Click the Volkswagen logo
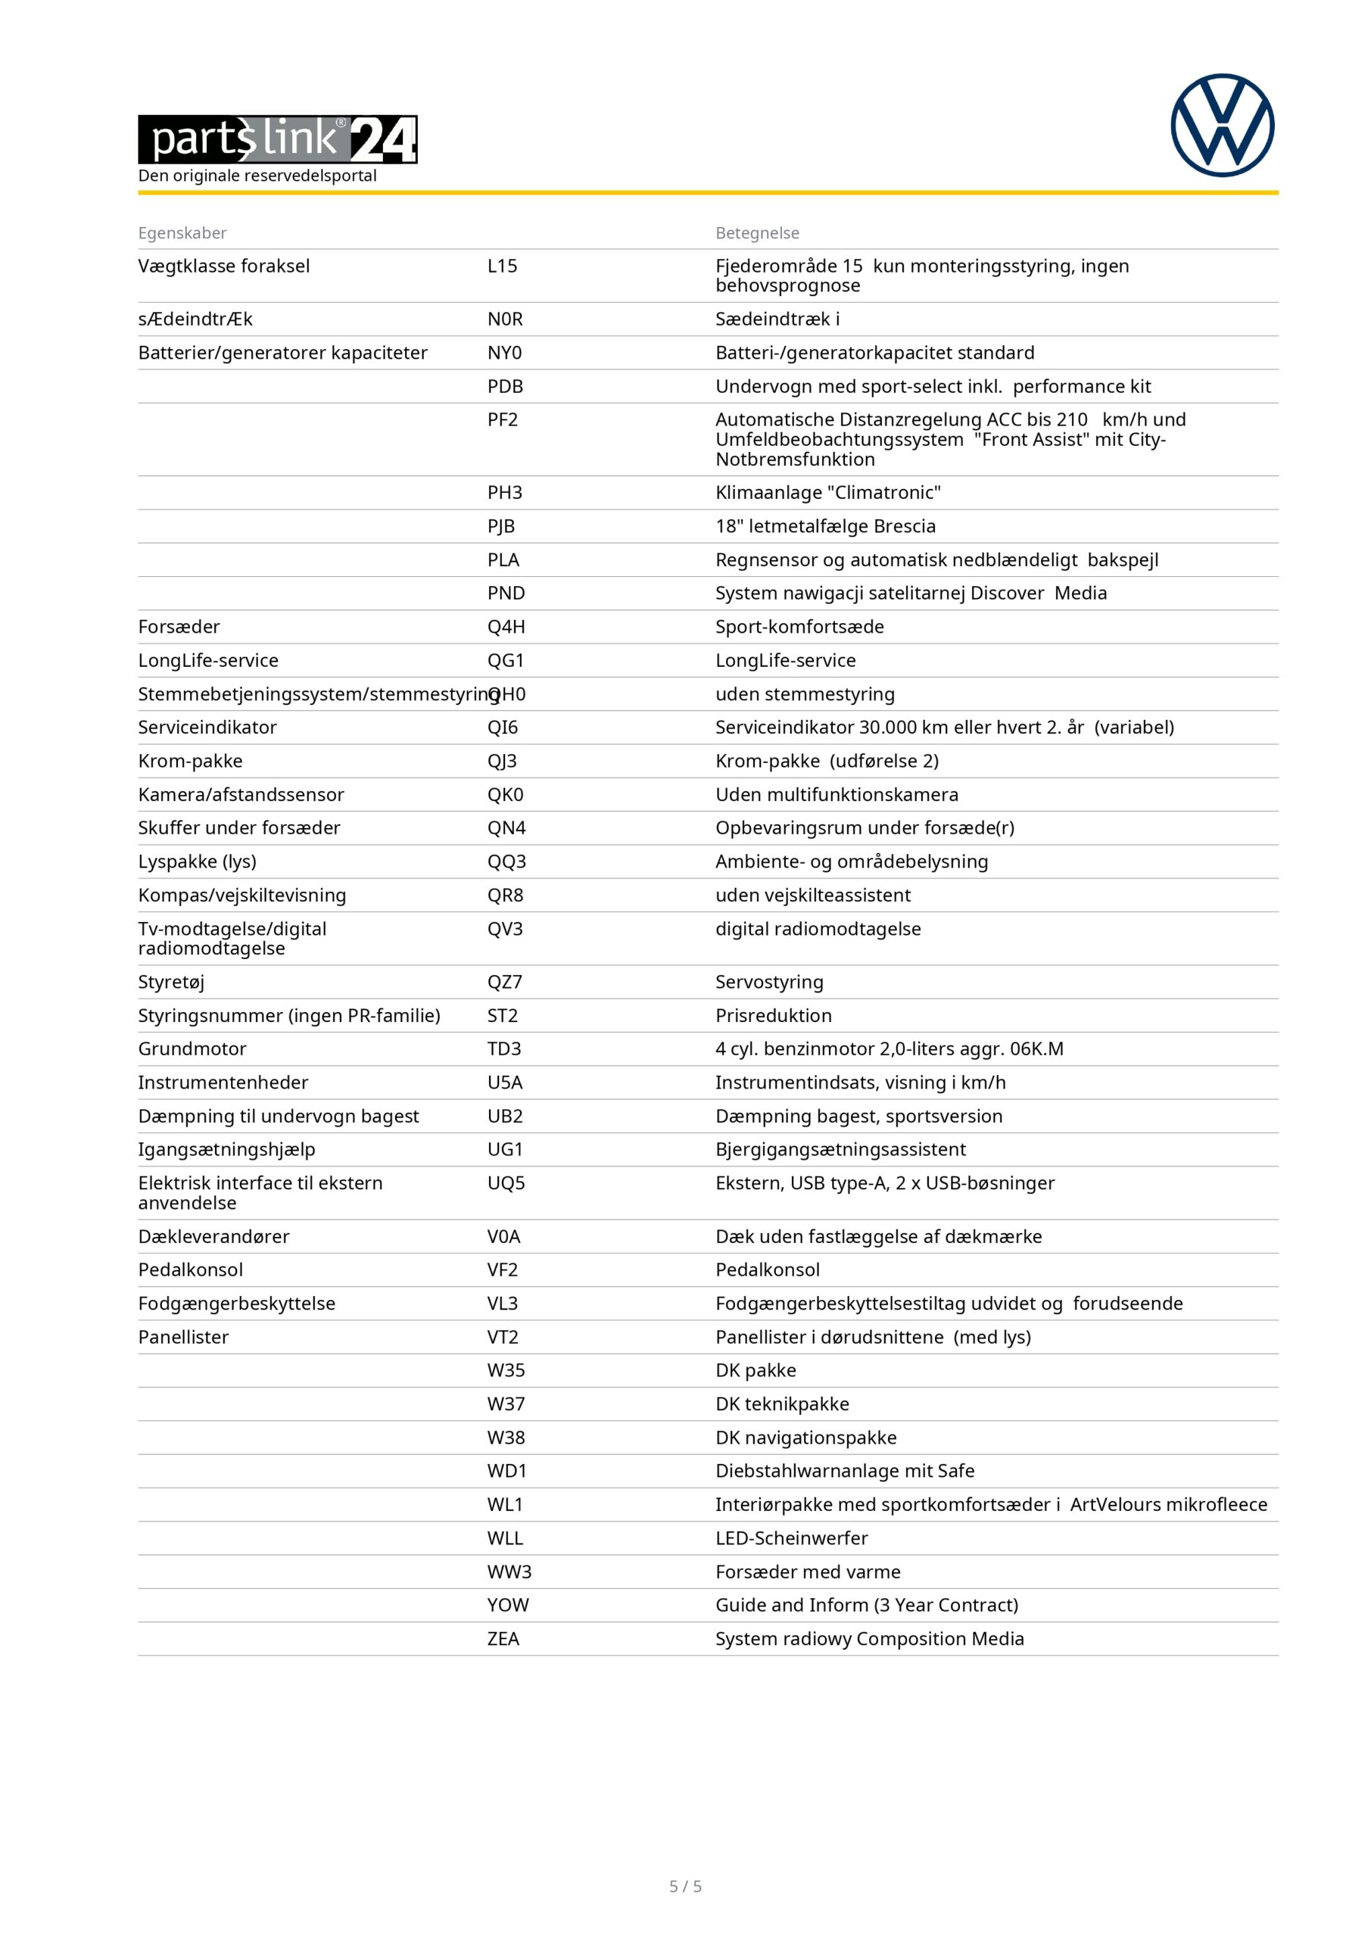[x=1222, y=126]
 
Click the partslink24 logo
[x=278, y=139]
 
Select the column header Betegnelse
[x=756, y=233]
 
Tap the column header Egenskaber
[x=182, y=233]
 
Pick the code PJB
[x=500, y=527]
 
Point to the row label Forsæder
[x=179, y=627]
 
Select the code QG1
[x=505, y=661]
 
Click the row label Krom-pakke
[x=190, y=762]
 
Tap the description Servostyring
[x=769, y=983]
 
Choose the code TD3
[x=504, y=1049]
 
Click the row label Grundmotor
[x=192, y=1049]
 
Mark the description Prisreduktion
[x=773, y=1016]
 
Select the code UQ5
[x=506, y=1183]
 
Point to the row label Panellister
[x=183, y=1338]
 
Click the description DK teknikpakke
[x=782, y=1404]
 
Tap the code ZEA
[x=503, y=1639]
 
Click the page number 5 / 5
[x=686, y=1887]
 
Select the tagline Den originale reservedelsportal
[x=257, y=176]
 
